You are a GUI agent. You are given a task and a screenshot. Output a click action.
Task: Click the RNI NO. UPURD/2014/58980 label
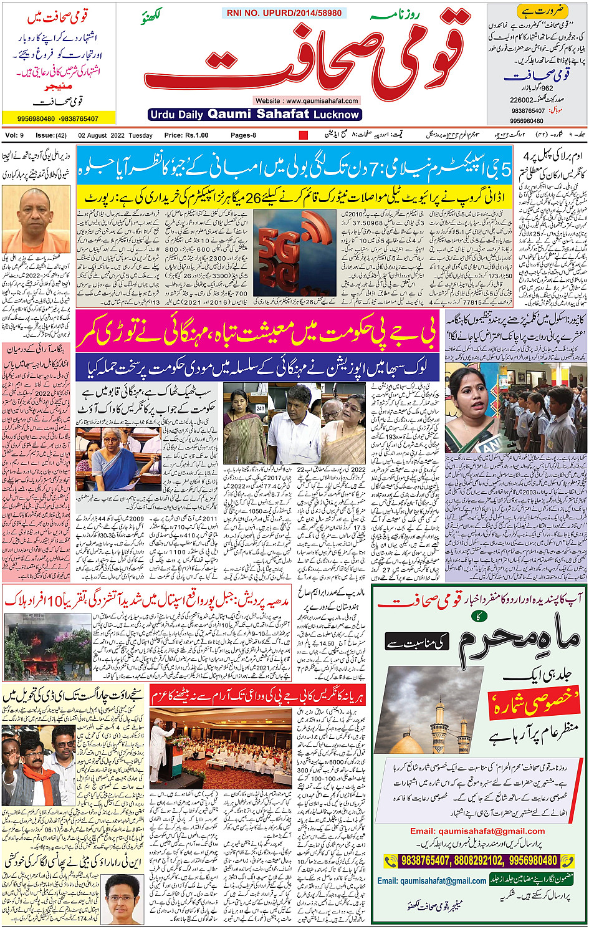[284, 12]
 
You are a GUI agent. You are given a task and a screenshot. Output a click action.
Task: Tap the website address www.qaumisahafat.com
[306, 100]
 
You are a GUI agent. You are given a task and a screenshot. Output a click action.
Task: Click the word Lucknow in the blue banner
[337, 115]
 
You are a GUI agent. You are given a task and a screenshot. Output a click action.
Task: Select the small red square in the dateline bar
[304, 135]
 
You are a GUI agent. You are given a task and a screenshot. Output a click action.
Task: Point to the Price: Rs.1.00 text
[186, 135]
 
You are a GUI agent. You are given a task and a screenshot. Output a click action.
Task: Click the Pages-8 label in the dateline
[243, 135]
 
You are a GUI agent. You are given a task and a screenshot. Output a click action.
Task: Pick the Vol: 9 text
[14, 135]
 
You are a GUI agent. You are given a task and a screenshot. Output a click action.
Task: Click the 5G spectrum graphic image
[294, 253]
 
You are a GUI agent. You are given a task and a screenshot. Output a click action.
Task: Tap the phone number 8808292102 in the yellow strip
[475, 860]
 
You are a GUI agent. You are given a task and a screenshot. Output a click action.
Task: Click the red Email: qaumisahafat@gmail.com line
[477, 831]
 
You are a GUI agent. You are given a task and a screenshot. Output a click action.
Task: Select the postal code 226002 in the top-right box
[521, 100]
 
